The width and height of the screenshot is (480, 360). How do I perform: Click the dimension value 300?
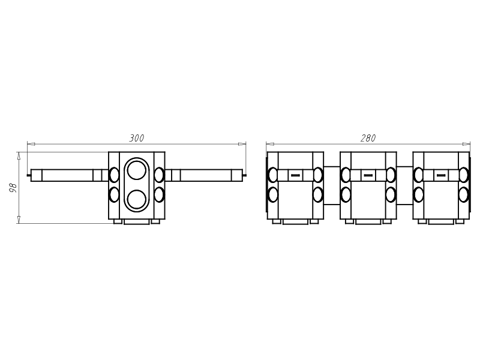pyautogui.click(x=137, y=139)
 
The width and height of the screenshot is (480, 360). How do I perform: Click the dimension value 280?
pyautogui.click(x=368, y=139)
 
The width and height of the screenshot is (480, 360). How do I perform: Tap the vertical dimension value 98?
pyautogui.click(x=13, y=188)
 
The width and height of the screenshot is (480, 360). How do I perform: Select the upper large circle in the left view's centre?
pyautogui.click(x=137, y=170)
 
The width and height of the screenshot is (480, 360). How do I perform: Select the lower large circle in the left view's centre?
pyautogui.click(x=137, y=200)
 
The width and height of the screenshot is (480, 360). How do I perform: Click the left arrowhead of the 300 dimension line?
pyautogui.click(x=31, y=144)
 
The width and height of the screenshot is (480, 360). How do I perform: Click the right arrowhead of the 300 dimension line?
pyautogui.click(x=242, y=144)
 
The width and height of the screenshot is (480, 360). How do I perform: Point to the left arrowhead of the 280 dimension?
pyautogui.click(x=269, y=144)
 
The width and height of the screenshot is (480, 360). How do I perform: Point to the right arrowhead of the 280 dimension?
pyautogui.click(x=467, y=144)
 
